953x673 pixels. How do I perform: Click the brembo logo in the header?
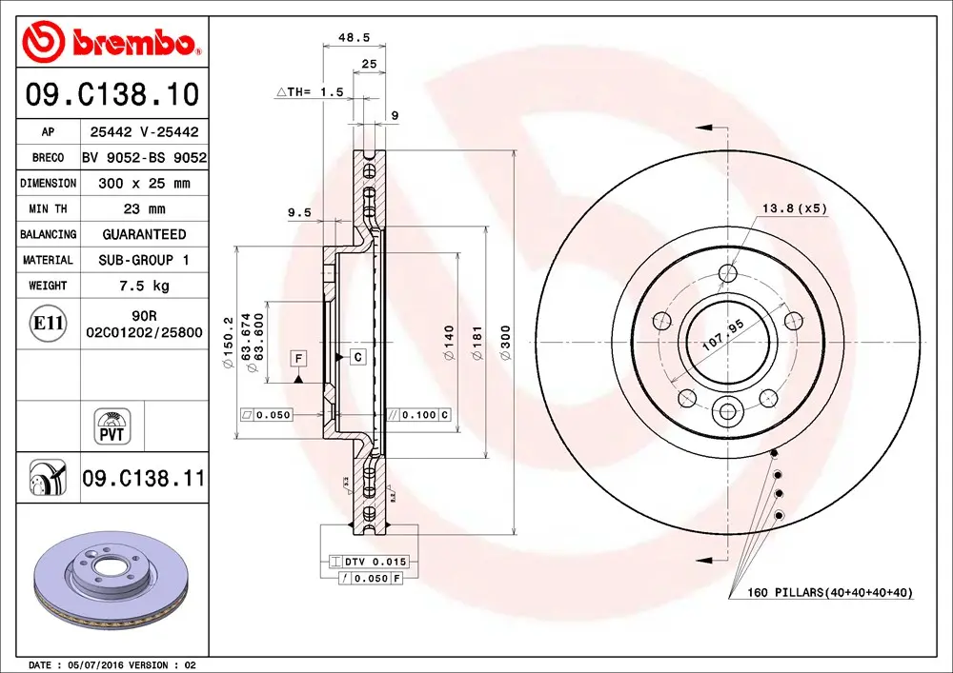tap(112, 41)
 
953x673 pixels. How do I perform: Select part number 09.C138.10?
tap(112, 95)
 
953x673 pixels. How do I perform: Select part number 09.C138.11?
tap(143, 478)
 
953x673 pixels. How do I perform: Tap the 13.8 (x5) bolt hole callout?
tap(794, 208)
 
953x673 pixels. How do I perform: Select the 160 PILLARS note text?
tap(821, 593)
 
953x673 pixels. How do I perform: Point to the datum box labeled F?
tap(299, 358)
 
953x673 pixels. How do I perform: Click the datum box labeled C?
tap(358, 357)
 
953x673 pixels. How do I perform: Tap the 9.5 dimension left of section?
tap(299, 213)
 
